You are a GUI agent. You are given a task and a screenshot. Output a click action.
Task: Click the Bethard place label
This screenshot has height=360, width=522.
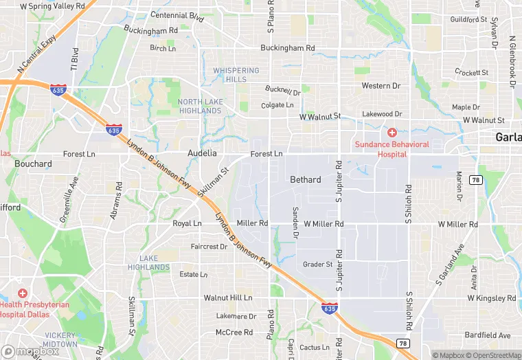[x=305, y=180]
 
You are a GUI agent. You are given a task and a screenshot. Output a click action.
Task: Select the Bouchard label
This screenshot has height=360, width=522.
[x=33, y=164]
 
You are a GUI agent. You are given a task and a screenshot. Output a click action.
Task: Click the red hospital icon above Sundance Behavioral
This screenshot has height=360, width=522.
[x=391, y=132]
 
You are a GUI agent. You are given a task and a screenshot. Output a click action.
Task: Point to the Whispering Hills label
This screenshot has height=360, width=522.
[x=236, y=75]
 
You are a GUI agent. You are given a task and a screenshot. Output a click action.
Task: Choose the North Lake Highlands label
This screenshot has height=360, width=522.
[x=200, y=106]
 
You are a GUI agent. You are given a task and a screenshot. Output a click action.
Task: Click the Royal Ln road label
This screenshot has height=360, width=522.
[x=187, y=224]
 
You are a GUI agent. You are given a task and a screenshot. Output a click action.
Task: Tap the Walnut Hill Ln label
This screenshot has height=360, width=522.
[x=228, y=298]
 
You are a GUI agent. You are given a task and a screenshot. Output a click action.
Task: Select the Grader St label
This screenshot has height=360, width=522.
[x=317, y=264]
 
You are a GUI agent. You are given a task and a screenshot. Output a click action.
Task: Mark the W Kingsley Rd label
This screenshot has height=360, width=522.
[x=491, y=298]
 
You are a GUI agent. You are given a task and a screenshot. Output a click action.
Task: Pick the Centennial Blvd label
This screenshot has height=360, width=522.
[x=177, y=15]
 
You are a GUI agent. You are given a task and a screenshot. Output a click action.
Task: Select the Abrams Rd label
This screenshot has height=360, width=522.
[x=117, y=201]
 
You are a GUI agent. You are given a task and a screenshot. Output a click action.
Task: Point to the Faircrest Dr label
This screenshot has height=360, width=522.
[x=209, y=246]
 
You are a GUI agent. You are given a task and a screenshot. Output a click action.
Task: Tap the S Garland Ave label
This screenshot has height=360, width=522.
[x=450, y=264]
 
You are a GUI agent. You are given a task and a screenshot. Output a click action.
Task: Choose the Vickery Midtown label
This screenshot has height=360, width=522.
[x=60, y=339]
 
